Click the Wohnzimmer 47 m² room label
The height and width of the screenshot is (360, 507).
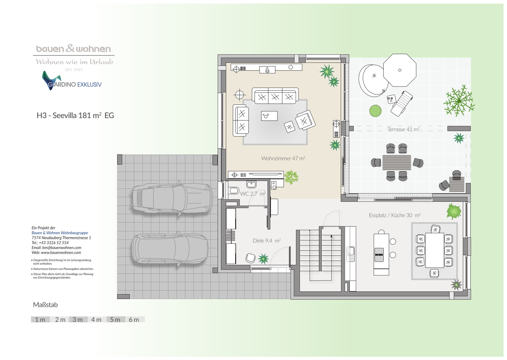point(283,158)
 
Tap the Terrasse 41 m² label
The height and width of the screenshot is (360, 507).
point(404,129)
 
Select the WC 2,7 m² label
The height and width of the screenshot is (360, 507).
point(253,194)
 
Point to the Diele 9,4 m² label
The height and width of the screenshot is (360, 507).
point(266,241)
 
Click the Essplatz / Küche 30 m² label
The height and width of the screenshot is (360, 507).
point(395,215)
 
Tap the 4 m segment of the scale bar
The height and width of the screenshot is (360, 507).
point(97,319)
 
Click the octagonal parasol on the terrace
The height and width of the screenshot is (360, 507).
point(400,70)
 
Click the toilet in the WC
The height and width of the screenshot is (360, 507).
point(233,190)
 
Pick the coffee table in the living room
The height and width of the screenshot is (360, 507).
point(269,116)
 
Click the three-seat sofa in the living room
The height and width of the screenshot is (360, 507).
point(275,96)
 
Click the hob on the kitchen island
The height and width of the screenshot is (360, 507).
point(379,255)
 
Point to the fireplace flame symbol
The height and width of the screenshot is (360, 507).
point(267,70)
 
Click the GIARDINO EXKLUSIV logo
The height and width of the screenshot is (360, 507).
point(72,81)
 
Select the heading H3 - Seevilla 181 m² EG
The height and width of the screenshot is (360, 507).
point(75,116)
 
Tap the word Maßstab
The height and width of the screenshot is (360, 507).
point(45,305)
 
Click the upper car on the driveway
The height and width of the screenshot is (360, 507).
point(172,198)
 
